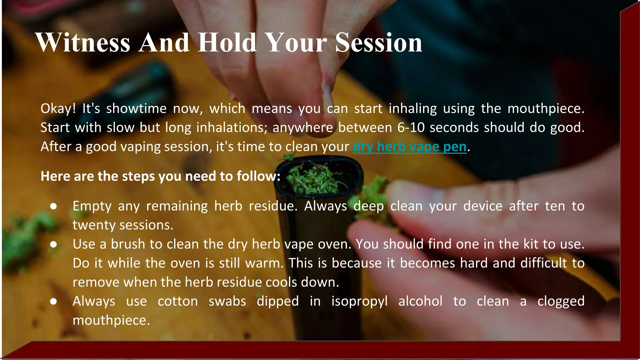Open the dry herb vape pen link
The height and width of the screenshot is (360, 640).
(409, 147)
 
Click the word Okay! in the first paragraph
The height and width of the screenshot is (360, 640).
(58, 109)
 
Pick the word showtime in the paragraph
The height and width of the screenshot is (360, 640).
(136, 109)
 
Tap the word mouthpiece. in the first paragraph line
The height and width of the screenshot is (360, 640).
(546, 109)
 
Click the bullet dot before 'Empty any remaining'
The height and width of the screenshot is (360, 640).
(53, 206)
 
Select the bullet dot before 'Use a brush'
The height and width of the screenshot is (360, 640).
(53, 244)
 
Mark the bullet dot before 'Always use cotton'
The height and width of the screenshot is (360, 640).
(53, 301)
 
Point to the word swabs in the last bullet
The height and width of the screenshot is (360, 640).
(227, 301)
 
